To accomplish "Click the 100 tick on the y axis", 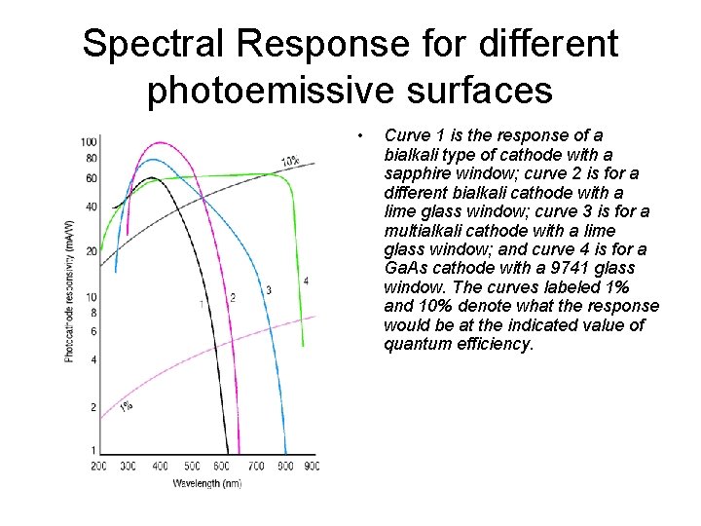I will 89,143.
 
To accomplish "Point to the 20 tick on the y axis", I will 92,251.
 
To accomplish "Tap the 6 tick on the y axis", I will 93,331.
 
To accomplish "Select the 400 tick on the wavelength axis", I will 161,467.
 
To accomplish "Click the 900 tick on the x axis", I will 312,467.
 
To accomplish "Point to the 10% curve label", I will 290,161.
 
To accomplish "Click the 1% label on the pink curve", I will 126,406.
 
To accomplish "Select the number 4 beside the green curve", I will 306,281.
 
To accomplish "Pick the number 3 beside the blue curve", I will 269,289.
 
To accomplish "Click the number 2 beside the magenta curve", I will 233,296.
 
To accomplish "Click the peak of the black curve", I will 153,178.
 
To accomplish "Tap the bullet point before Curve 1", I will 360,134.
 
